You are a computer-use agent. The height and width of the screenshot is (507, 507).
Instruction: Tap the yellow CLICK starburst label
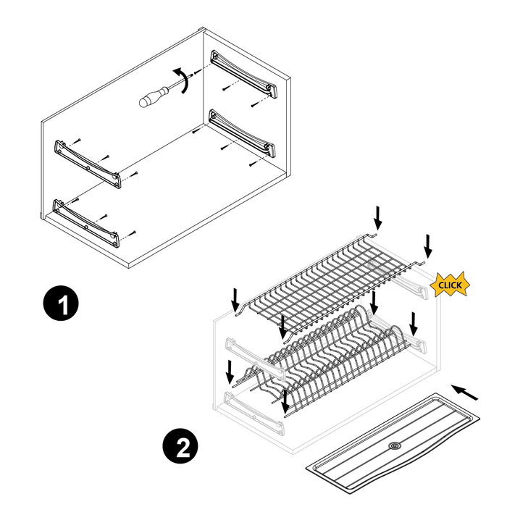(x=449, y=285)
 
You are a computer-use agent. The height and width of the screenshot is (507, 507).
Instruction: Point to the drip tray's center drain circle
(x=394, y=447)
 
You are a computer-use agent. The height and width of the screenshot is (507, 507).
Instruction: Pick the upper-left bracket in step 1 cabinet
(x=87, y=161)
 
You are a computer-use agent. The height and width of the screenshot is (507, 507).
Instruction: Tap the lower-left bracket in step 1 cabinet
(x=87, y=221)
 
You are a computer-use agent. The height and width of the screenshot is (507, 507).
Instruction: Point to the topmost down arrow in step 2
(x=377, y=216)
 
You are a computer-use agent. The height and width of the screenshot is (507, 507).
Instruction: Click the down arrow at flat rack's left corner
(x=235, y=299)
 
